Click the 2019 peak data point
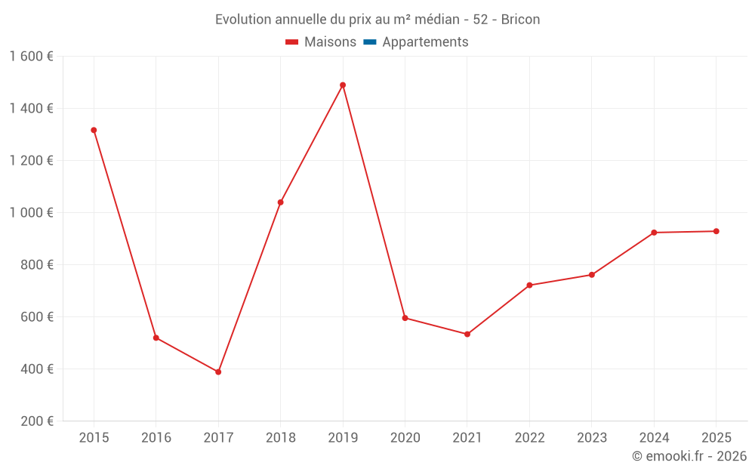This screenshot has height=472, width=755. (343, 85)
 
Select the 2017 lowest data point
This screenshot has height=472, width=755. (218, 372)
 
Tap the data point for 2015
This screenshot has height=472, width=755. (94, 130)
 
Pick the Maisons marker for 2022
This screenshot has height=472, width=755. (529, 285)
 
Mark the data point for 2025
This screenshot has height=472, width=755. (716, 231)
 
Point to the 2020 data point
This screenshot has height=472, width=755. (405, 318)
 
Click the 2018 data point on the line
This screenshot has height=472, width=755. (280, 202)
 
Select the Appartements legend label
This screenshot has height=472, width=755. (425, 42)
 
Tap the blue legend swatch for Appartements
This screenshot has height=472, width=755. (370, 42)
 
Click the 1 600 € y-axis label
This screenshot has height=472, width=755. (31, 57)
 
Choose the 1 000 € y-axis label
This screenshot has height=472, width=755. (31, 213)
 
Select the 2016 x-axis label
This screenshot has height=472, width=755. (156, 438)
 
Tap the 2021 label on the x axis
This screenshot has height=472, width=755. (467, 438)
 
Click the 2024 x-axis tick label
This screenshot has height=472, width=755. (654, 438)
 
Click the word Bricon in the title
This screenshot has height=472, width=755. (520, 20)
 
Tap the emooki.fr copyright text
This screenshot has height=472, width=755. (689, 456)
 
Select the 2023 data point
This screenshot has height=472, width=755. (591, 275)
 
